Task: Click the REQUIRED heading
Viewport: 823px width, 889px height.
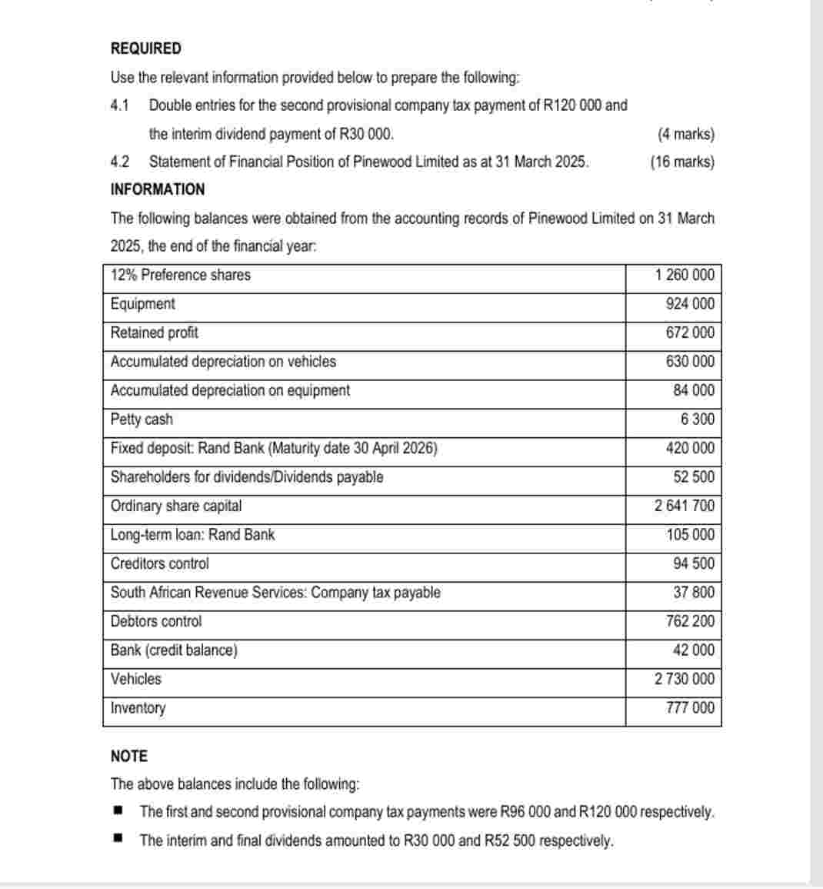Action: [146, 48]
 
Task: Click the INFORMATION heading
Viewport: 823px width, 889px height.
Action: [158, 189]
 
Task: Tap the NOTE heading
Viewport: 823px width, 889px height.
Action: [129, 756]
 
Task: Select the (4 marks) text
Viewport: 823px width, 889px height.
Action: [686, 134]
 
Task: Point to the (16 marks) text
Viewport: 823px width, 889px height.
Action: [682, 162]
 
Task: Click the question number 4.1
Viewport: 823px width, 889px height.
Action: [120, 105]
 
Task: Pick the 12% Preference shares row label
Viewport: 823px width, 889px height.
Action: [181, 275]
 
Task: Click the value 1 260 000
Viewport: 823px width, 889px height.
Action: [685, 275]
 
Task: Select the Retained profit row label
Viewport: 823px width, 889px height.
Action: [155, 333]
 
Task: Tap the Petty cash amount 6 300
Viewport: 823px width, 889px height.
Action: [698, 419]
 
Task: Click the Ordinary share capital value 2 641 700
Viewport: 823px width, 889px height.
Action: [685, 506]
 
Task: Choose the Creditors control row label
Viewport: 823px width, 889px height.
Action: [160, 563]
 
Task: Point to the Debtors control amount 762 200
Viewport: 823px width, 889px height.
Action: [690, 621]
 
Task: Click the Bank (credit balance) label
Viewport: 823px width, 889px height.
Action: [175, 650]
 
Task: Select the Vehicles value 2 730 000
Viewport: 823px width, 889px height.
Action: [685, 679]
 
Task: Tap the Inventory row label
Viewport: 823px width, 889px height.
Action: [138, 708]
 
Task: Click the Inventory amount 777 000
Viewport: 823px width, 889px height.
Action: [690, 708]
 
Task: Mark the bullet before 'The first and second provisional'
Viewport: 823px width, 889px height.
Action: [118, 811]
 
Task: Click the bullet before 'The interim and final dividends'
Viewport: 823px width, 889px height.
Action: [118, 839]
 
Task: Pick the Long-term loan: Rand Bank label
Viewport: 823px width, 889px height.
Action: [193, 535]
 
